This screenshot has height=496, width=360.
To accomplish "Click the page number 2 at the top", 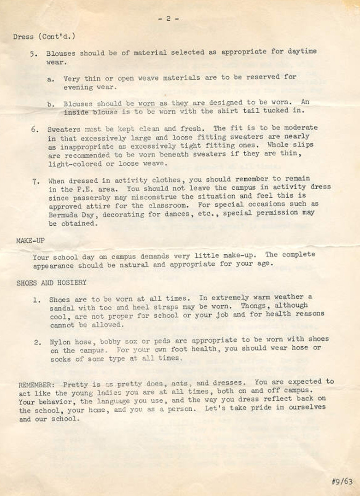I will pos(168,18).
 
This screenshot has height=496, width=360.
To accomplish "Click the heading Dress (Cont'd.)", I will pos(44,36).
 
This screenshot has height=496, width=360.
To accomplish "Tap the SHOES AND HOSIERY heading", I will pos(51,283).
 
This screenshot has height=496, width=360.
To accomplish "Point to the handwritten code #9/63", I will pos(342,481).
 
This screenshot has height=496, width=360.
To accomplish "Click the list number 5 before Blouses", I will pos(33,53).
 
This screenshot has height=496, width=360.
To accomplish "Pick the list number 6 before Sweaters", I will pos(35,129).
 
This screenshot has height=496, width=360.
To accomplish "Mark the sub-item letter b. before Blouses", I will pos(51,105).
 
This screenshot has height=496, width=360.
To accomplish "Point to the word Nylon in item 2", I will pos(59,342).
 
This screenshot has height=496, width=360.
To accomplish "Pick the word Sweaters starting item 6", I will pos(64,129).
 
